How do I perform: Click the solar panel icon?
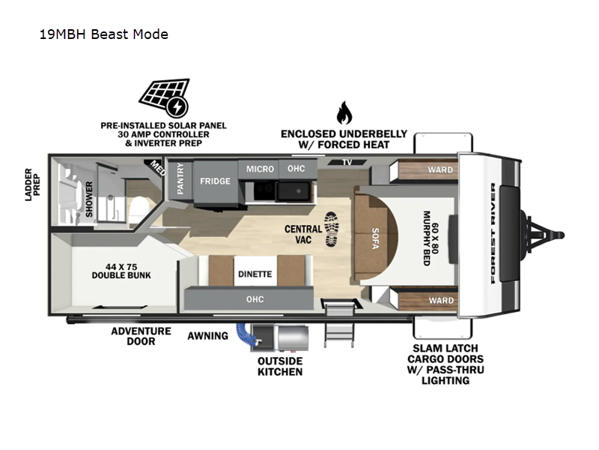(x=164, y=97)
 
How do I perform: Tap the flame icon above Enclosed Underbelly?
(x=344, y=112)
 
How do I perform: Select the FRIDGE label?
(x=215, y=181)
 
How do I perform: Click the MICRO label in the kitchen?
(x=260, y=169)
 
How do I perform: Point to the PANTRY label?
(x=180, y=178)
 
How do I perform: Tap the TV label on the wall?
(x=347, y=163)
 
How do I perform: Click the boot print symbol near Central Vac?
(x=332, y=229)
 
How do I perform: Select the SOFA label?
(x=375, y=238)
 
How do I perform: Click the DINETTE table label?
(x=255, y=274)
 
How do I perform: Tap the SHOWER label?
(x=89, y=199)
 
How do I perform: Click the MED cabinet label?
(x=158, y=168)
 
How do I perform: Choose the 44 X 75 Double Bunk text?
(x=121, y=271)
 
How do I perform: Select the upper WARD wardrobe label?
(x=440, y=169)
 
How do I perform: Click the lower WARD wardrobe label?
(x=441, y=301)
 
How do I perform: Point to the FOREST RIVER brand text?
(x=493, y=233)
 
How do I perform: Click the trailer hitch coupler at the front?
(x=558, y=235)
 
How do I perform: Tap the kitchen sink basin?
(x=294, y=192)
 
